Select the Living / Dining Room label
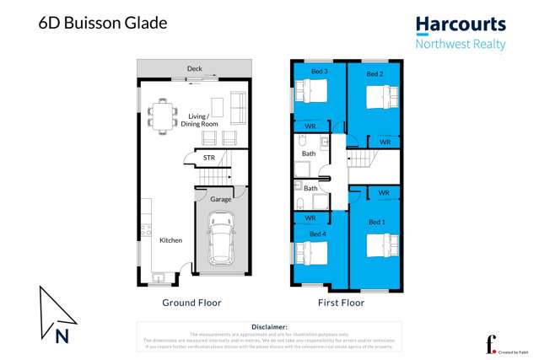(199, 120)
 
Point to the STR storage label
(208, 157)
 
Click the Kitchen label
(171, 240)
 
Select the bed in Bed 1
(381, 244)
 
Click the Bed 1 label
(376, 221)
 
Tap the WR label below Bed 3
(310, 126)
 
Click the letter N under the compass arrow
(62, 337)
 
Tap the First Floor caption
(341, 301)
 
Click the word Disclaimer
(270, 326)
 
